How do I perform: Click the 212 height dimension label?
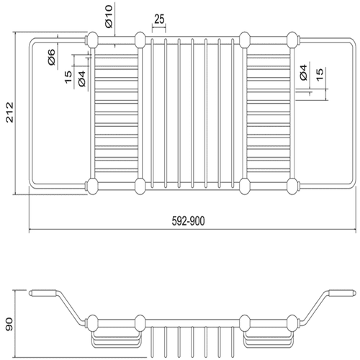pyautogui.click(x=10, y=112)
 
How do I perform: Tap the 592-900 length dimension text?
pyautogui.click(x=188, y=221)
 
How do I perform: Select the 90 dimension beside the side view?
pyautogui.click(x=9, y=324)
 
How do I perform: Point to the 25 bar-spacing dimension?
pyautogui.click(x=159, y=19)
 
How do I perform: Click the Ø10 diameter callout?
pyautogui.click(x=109, y=17)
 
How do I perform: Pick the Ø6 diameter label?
pyautogui.click(x=52, y=57)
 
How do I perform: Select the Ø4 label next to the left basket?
pyautogui.click(x=82, y=78)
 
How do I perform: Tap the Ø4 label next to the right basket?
pyautogui.click(x=303, y=72)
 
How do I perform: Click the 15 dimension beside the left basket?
pyautogui.click(x=68, y=77)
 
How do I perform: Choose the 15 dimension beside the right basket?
pyautogui.click(x=320, y=74)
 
